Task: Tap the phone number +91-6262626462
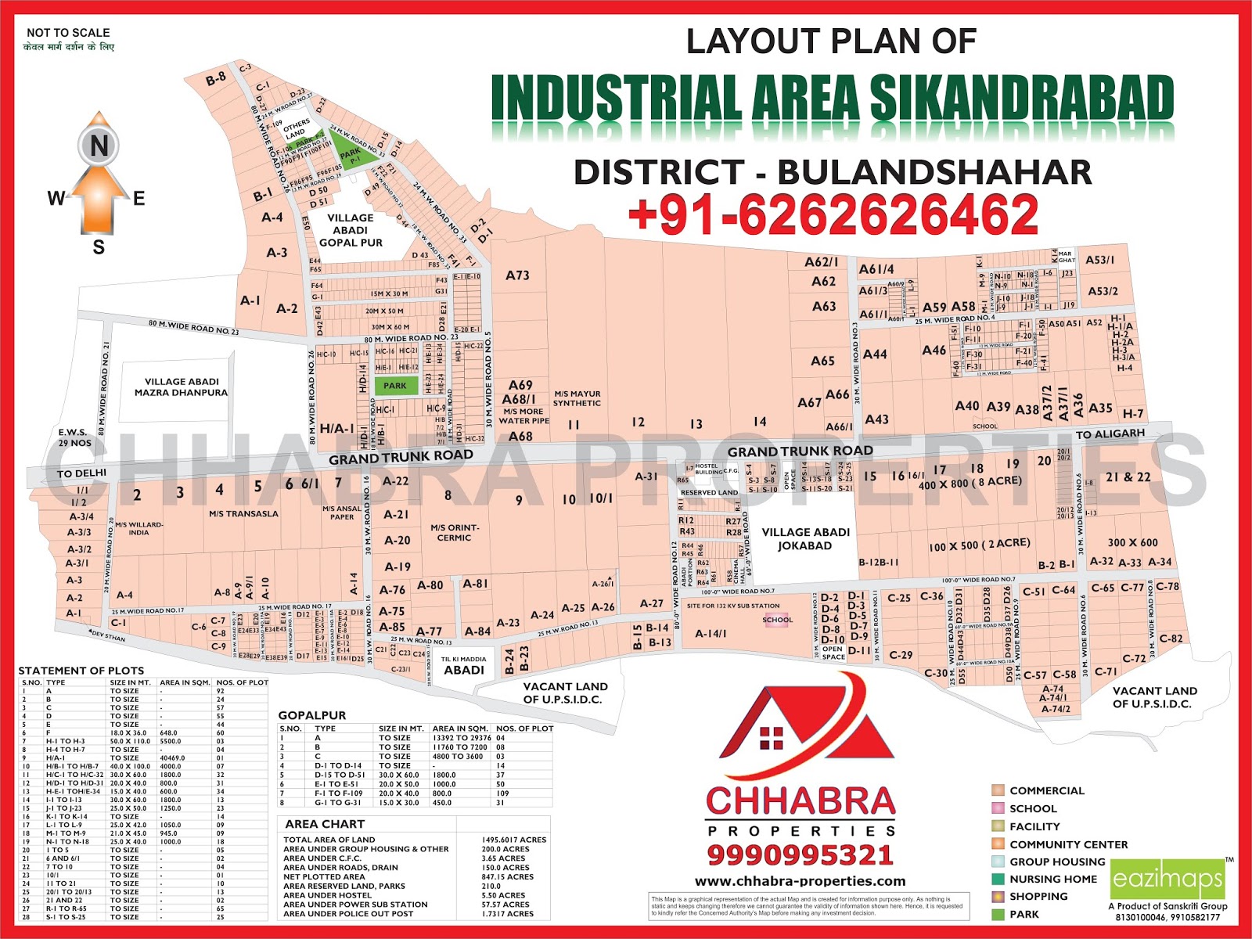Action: (x=833, y=214)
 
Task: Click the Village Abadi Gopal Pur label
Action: (x=350, y=230)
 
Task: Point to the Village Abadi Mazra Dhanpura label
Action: (x=181, y=387)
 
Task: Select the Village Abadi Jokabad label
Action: (x=805, y=538)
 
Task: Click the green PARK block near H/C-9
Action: (x=395, y=385)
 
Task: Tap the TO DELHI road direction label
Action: (x=81, y=473)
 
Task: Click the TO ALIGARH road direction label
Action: (x=1110, y=434)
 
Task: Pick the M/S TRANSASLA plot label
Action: (x=243, y=514)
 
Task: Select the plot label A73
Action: (x=517, y=275)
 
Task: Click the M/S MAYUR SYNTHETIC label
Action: (x=577, y=398)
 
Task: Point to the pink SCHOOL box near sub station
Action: (x=777, y=620)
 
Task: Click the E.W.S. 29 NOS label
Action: (x=74, y=437)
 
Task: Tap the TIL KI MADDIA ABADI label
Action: (x=464, y=665)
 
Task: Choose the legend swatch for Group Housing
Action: (x=998, y=862)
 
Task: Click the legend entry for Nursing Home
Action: (x=1052, y=879)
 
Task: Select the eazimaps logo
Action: (x=1167, y=880)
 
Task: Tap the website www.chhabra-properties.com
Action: (x=800, y=881)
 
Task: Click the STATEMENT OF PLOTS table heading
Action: (x=81, y=671)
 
